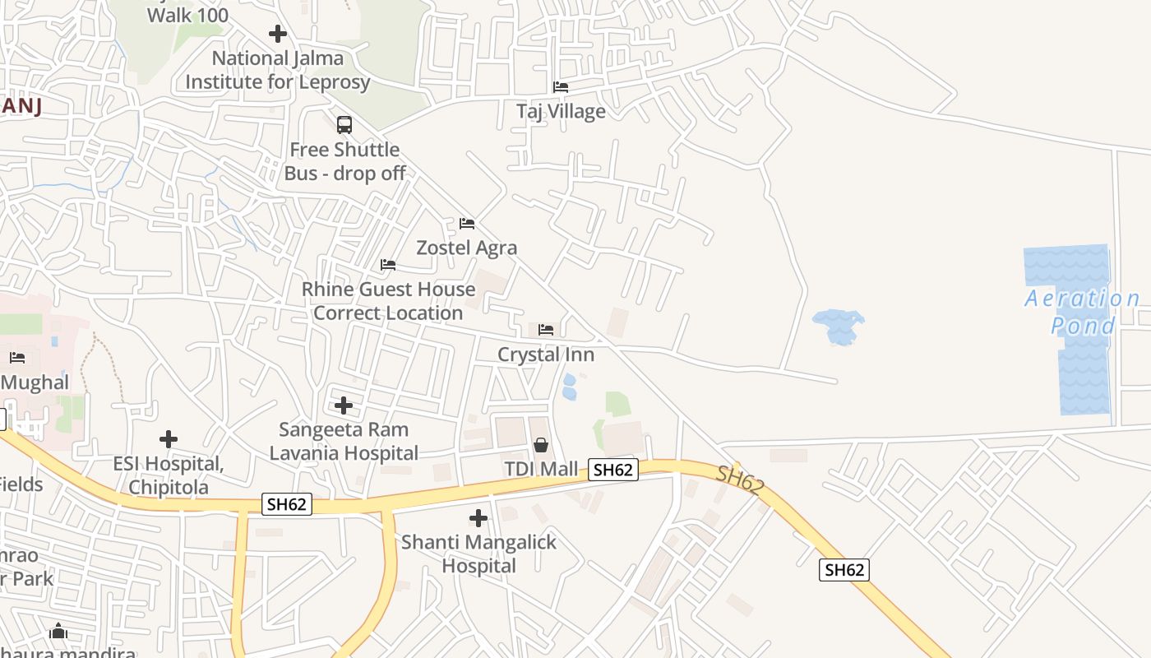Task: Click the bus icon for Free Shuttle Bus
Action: pos(344,125)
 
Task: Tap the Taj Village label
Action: pos(561,111)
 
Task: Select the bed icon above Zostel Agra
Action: pos(467,224)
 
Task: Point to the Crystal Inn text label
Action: pos(546,354)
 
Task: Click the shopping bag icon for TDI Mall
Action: pos(541,445)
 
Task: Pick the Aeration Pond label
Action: pos(1083,312)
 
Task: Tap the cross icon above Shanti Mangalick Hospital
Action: pos(478,518)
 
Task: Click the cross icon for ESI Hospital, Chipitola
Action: pos(169,439)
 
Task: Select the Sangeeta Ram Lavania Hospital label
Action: pos(344,441)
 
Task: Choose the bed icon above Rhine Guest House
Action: pos(388,265)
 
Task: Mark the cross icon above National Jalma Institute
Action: pos(278,34)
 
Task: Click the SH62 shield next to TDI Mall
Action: pos(613,470)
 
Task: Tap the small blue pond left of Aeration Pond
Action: pos(839,326)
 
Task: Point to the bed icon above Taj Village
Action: pos(561,86)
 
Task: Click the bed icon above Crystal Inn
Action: pos(546,330)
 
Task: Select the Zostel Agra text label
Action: pos(467,248)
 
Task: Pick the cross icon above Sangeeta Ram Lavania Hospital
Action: pos(344,405)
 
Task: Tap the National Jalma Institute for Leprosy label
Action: pos(278,70)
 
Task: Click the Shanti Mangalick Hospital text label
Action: pos(478,554)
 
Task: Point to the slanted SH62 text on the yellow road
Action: pos(739,480)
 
